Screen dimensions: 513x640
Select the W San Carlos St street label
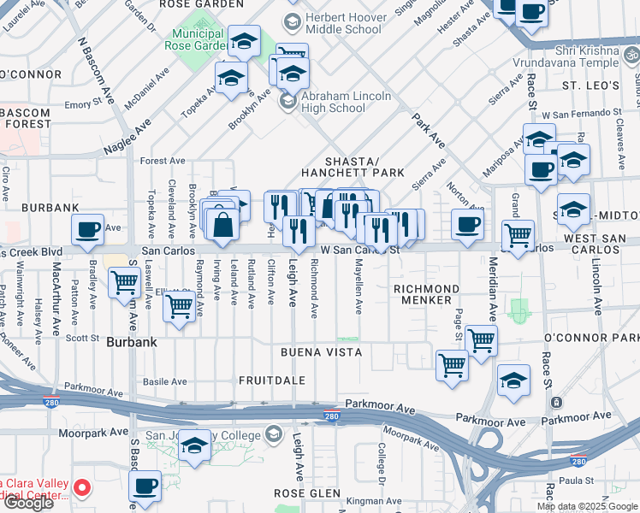point(360,251)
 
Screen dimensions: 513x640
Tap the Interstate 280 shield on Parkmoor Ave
point(332,416)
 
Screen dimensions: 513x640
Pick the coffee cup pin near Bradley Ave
point(88,228)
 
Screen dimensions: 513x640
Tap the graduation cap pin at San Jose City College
point(195,445)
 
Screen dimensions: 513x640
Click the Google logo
point(28,504)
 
